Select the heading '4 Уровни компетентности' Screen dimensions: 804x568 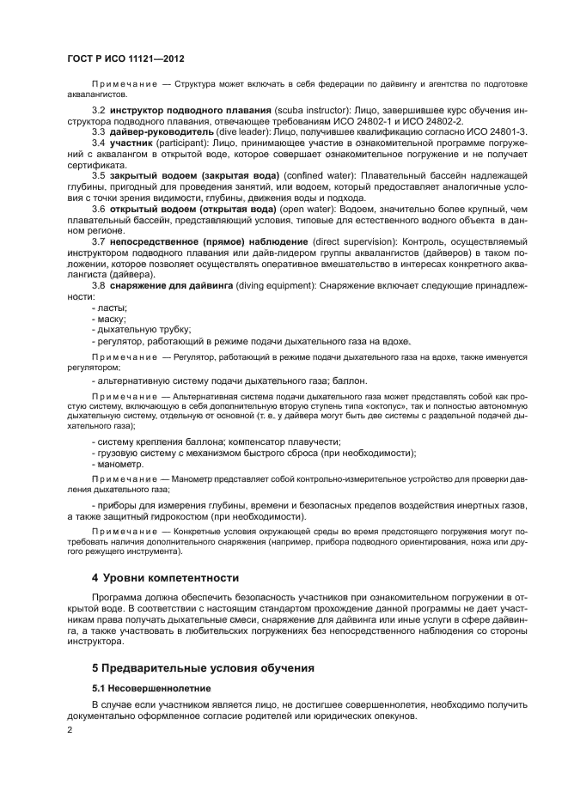166,576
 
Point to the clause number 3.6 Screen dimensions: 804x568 98,209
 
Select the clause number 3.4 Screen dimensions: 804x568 98,143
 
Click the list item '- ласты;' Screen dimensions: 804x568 109,307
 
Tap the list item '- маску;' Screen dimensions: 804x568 109,318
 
